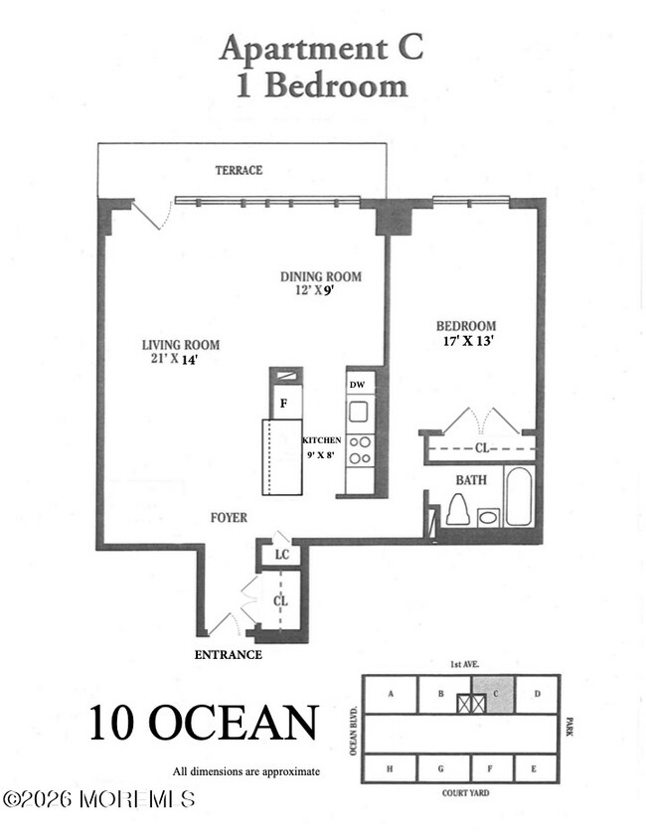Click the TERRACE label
click(240, 170)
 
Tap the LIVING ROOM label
click(180, 345)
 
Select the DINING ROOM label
click(319, 276)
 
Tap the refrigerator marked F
click(284, 404)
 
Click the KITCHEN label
click(322, 439)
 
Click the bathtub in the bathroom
click(518, 496)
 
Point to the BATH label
click(471, 480)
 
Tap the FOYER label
click(229, 518)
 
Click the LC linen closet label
click(282, 555)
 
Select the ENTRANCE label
click(229, 655)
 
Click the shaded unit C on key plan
click(494, 694)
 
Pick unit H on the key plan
click(389, 768)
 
